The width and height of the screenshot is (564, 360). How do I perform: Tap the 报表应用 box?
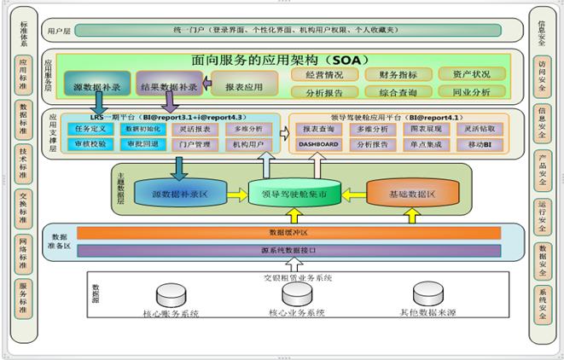point(243,86)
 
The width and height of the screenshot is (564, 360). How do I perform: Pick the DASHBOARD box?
point(318,145)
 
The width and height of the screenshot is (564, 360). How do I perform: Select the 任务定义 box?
point(89,129)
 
